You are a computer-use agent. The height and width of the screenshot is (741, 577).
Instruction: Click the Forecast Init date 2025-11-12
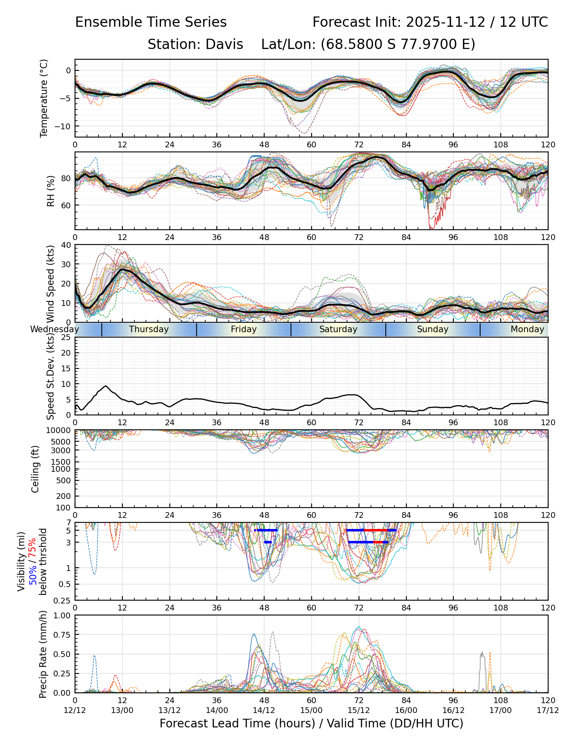pos(446,22)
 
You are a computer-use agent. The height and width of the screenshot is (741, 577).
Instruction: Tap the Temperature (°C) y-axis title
pos(44,98)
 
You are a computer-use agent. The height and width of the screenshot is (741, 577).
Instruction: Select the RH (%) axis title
pos(51,191)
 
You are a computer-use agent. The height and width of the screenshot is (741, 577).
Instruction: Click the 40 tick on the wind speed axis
pos(66,245)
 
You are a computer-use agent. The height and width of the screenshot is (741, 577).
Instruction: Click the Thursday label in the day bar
pos(149,329)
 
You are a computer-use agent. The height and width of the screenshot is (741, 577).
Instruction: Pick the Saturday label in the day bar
pos(338,329)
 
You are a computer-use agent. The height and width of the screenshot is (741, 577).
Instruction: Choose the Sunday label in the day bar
pos(432,329)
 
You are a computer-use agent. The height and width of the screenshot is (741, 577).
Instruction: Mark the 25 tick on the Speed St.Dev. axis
pos(66,338)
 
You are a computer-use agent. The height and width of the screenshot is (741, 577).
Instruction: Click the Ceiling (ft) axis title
pos(35,469)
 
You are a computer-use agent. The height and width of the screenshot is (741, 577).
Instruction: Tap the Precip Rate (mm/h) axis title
pos(43,654)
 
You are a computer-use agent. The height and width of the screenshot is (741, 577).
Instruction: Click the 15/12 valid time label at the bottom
pos(359,710)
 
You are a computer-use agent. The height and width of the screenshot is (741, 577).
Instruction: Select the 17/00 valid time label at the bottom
pos(500,710)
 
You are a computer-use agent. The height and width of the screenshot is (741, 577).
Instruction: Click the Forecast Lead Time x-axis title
pos(311,723)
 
